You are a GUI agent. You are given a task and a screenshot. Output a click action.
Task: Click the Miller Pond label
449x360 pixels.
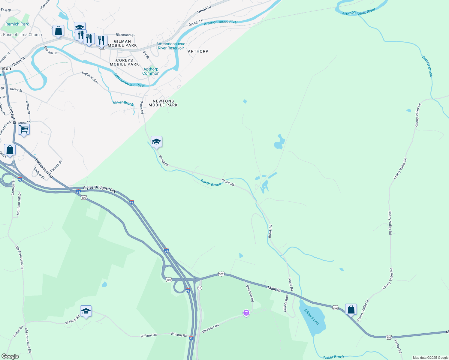[312, 316]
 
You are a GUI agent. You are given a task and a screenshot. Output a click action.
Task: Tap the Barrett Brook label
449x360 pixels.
[427, 66]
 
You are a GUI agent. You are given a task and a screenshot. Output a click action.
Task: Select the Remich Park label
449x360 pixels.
[17, 24]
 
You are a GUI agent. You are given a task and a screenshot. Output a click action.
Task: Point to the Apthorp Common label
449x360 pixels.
[151, 71]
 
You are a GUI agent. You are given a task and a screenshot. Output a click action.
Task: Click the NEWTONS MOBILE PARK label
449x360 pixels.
[163, 103]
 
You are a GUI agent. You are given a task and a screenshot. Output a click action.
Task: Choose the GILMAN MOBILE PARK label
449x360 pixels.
[122, 43]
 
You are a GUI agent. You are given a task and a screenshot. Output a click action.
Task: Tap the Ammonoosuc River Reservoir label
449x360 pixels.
[171, 46]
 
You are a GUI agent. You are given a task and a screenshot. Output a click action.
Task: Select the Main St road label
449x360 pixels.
[274, 289]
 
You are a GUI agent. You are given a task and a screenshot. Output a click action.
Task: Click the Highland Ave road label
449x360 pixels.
[90, 77]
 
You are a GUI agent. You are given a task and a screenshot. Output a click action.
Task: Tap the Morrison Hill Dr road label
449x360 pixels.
[19, 204]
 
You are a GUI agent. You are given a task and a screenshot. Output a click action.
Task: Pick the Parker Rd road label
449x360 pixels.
[398, 346]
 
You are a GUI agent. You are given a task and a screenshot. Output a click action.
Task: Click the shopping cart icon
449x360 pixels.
[24, 130]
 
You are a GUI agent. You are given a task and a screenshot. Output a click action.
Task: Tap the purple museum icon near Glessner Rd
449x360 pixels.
[246, 313]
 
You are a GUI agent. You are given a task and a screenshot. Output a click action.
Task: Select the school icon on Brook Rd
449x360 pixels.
[156, 141]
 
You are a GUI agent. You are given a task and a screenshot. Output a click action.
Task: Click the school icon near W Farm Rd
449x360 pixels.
[86, 311]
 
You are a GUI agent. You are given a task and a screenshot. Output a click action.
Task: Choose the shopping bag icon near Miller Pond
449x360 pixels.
[351, 309]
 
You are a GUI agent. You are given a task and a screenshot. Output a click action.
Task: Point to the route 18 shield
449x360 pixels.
[200, 288]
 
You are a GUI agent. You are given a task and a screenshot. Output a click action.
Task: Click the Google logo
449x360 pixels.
[10, 356]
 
